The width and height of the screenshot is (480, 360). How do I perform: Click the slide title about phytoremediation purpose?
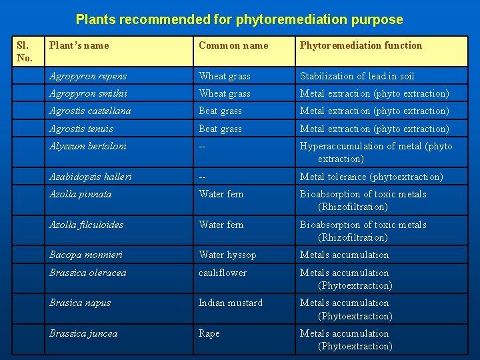point(239,19)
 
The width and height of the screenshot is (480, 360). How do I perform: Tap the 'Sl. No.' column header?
point(23,51)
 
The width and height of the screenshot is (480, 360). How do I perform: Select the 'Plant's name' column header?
point(79,45)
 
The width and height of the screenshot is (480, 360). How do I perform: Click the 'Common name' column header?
point(233,45)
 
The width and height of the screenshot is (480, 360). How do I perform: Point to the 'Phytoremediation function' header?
point(361,45)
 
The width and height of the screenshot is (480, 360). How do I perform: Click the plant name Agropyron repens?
point(87,76)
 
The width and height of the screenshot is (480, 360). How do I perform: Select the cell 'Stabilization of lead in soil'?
point(357,76)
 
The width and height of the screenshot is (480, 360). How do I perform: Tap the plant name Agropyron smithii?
point(88,93)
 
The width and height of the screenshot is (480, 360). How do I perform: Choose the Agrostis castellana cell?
point(90,111)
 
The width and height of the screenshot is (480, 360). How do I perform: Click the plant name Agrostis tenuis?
point(81,129)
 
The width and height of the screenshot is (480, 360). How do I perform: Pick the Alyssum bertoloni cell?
point(87,146)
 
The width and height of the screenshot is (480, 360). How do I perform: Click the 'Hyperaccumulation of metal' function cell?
point(375,152)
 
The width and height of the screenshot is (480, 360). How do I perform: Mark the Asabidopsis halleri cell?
point(90,177)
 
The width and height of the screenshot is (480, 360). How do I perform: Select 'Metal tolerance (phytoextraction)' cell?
point(371,177)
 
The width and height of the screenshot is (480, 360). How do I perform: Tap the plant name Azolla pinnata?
point(80,194)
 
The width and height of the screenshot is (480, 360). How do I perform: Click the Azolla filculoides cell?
point(86,225)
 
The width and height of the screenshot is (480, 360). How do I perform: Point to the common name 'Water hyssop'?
point(227,255)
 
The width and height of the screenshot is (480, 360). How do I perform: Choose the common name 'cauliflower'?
point(222,273)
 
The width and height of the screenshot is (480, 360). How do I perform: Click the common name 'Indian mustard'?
point(230,303)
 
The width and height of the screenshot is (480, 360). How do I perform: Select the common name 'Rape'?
point(209,333)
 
